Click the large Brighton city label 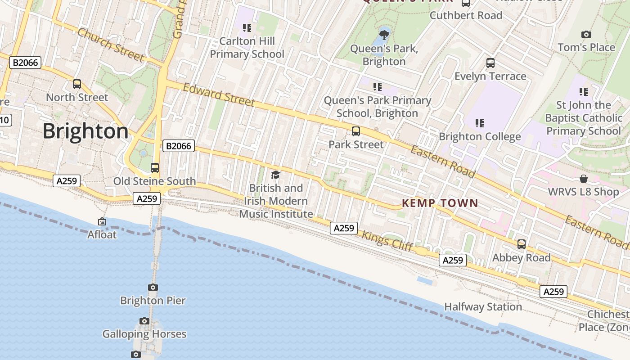[85, 131]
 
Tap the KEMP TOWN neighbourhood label [440, 203]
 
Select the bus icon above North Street [77, 84]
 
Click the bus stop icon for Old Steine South [155, 168]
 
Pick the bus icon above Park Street [356, 131]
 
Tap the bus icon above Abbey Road [522, 244]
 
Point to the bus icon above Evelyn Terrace [490, 63]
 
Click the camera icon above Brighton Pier [153, 287]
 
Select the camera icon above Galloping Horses [144, 321]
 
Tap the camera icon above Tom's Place [586, 34]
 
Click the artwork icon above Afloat [102, 221]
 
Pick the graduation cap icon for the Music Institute [275, 175]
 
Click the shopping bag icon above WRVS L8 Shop [584, 179]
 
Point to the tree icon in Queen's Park [384, 34]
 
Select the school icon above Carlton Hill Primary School [247, 28]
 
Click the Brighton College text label [480, 136]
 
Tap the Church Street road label [111, 45]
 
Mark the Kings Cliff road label [387, 241]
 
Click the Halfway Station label [483, 307]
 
